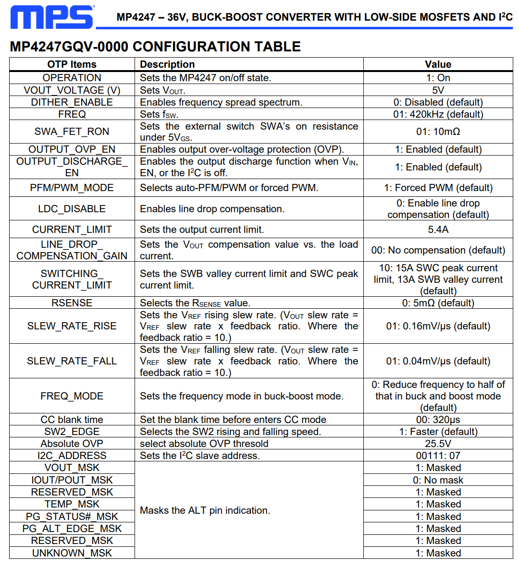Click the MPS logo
point(52,17)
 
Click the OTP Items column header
point(72,64)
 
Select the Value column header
point(438,64)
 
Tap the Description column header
point(167,64)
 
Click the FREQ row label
point(72,114)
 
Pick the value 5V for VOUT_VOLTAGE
point(438,90)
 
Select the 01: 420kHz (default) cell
point(438,114)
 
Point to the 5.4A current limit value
point(438,230)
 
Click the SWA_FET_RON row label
point(72,132)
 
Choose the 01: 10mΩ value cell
point(438,132)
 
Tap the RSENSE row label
point(72,303)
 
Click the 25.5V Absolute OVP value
point(438,444)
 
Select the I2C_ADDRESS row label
point(72,456)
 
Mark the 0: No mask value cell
point(438,480)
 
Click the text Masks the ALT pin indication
point(205,510)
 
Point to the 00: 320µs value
point(438,420)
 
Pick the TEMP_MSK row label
point(72,504)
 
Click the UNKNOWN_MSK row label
point(72,553)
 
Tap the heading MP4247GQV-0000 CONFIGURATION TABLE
point(155,47)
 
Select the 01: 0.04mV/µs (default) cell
point(438,361)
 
